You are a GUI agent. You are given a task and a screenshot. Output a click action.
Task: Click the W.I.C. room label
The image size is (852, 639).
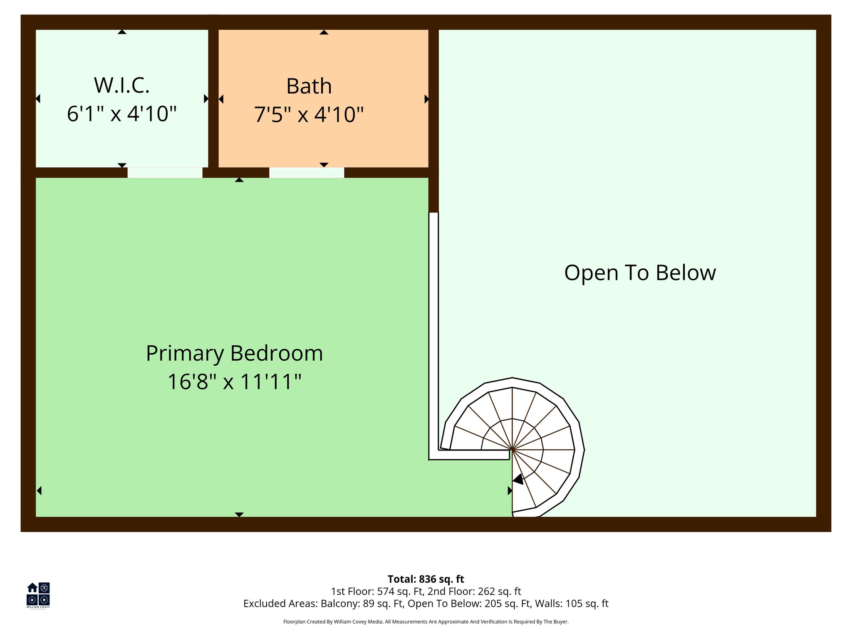click(121, 85)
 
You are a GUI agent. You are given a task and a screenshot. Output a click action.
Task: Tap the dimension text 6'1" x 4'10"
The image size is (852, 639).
click(121, 114)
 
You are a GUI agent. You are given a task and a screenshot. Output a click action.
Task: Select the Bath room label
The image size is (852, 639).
click(309, 86)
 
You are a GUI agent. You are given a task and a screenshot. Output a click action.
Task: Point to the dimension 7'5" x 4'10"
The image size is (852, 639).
click(309, 114)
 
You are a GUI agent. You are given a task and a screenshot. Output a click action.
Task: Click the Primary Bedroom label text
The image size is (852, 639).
click(234, 353)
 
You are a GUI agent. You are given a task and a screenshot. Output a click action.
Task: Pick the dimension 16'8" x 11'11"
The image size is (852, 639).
click(234, 381)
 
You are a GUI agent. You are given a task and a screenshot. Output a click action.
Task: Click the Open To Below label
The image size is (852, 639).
click(640, 273)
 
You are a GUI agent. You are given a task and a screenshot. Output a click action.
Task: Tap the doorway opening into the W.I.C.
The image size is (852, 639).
click(165, 172)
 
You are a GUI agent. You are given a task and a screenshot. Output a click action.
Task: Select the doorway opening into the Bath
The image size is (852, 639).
click(307, 172)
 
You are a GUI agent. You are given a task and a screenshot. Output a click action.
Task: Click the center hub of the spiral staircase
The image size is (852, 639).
click(512, 450)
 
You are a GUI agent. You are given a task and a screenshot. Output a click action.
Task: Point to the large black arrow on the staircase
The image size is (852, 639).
click(518, 479)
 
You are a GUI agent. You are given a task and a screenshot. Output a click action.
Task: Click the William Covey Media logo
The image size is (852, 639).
click(38, 595)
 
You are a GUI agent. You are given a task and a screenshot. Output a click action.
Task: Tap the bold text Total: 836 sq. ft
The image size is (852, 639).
click(426, 579)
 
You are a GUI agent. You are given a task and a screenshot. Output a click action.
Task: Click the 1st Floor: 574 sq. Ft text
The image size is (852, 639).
click(377, 591)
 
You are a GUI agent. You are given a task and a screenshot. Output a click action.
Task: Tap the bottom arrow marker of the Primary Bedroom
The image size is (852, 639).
click(239, 515)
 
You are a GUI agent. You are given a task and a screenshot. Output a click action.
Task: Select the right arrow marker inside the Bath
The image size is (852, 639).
click(426, 99)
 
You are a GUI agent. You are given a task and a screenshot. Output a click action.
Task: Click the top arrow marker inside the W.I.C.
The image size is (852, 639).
click(121, 32)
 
